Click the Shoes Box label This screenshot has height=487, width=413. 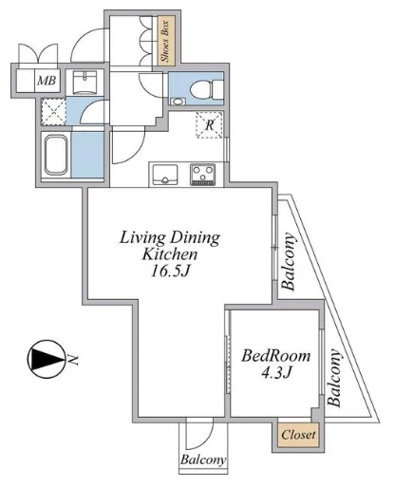tap(166, 41)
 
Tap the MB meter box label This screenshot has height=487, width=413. tap(47, 81)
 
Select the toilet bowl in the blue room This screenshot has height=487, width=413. tap(207, 88)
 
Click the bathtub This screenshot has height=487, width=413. tap(56, 155)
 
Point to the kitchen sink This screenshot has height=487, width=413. tap(164, 175)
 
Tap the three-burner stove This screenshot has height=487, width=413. tap(202, 175)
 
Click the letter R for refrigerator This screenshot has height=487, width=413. tap(210, 125)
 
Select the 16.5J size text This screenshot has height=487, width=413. tap(170, 272)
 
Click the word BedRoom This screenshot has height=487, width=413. tap(276, 356)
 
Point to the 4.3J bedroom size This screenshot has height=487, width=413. tap(276, 372)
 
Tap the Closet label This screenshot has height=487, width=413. tap(298, 435)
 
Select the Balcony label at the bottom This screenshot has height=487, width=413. tap(203, 459)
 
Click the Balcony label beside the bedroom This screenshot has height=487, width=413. tap(335, 378)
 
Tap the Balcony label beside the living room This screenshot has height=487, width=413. tap(289, 262)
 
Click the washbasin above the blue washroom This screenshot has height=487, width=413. tap(84, 83)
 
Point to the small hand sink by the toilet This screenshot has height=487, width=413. tap(178, 102)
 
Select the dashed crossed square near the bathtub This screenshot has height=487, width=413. tap(54, 112)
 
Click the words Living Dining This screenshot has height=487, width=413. tap(170, 237)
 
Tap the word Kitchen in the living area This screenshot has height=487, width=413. tap(170, 254)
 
